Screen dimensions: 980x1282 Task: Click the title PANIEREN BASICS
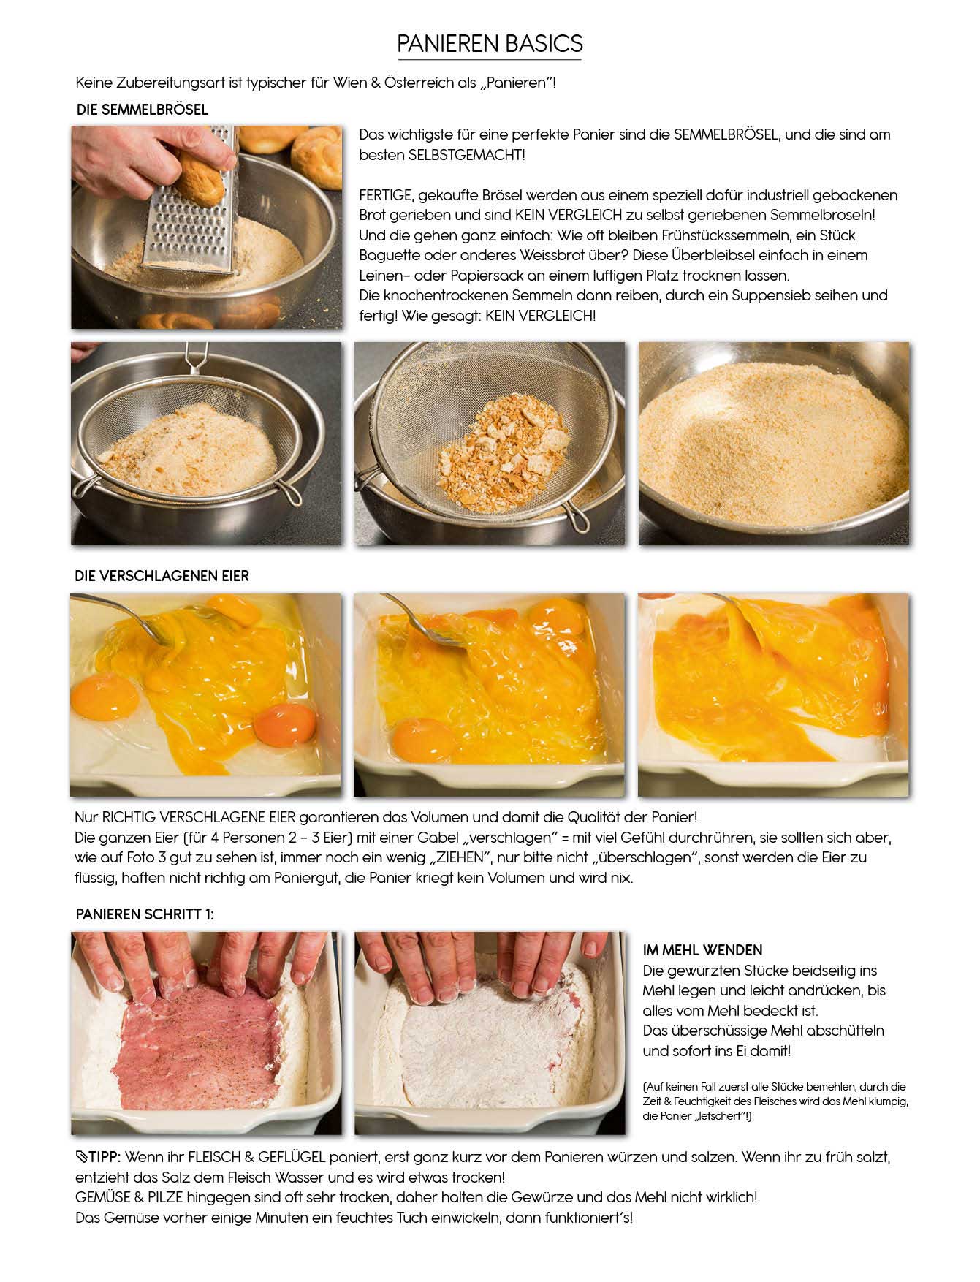490,44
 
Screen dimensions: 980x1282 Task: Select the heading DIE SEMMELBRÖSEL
142,110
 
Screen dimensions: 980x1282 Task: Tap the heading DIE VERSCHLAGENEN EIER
162,576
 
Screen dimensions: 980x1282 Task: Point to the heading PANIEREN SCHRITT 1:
145,914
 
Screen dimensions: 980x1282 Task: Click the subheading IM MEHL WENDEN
702,950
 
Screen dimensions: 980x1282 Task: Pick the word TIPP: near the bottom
102,1158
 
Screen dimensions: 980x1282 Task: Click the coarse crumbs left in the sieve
503,452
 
